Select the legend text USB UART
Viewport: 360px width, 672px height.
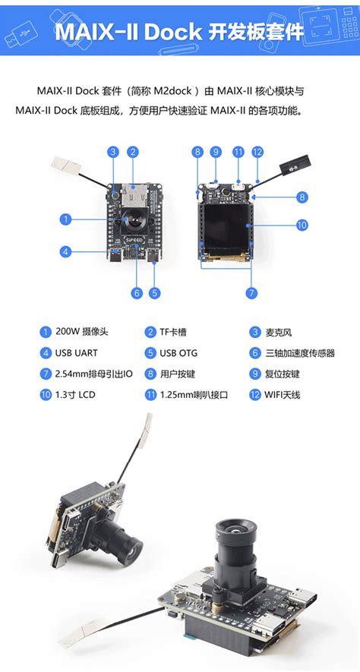[x=77, y=353]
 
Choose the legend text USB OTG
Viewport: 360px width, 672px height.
[x=182, y=353]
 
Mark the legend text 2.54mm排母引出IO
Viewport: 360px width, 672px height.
[x=94, y=374]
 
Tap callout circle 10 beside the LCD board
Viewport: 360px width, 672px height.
[x=302, y=225]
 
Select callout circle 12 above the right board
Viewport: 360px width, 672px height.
[x=257, y=152]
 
